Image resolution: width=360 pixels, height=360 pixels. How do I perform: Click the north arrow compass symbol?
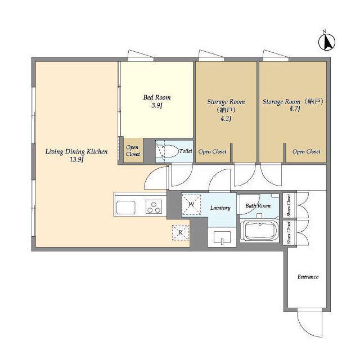[x=327, y=42]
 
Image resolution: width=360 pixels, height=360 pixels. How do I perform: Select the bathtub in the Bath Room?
[x=259, y=230]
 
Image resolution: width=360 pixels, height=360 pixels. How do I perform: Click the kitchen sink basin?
[x=125, y=208]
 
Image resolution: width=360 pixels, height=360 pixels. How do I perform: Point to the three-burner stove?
[x=154, y=206]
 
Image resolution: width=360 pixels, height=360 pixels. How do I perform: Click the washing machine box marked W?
[x=191, y=204]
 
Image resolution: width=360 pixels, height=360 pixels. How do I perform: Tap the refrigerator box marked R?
[x=181, y=232]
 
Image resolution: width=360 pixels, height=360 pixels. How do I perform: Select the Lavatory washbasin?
[x=222, y=237]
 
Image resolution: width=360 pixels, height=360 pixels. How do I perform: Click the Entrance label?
[x=308, y=277]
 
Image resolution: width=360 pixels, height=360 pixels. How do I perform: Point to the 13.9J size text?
[x=76, y=160]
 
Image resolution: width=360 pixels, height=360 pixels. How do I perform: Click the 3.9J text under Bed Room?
[x=157, y=106]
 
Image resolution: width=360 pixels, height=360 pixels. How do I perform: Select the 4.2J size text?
[x=226, y=119]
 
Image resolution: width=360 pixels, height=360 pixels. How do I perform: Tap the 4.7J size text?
[x=295, y=109]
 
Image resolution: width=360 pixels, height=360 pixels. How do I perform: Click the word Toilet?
[x=186, y=151]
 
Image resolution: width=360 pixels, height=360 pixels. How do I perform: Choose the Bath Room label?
[x=258, y=206]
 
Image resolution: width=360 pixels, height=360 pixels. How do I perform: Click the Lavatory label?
[x=220, y=208]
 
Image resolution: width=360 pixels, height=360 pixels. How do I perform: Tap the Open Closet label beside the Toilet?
[x=133, y=151]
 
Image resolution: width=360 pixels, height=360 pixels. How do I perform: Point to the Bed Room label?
[x=157, y=97]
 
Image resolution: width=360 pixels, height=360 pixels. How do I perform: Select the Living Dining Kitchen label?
[x=76, y=151]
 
